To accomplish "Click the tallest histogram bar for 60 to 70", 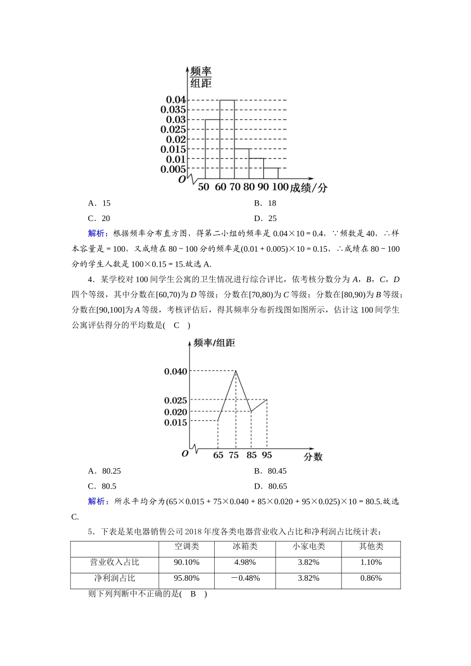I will point(227,139).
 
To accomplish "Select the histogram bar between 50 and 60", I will point(212,149).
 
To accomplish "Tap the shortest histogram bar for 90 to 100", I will point(271,173).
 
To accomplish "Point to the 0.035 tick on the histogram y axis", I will point(173,110).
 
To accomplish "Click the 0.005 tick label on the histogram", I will point(173,169).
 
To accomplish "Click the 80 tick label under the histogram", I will point(249,187).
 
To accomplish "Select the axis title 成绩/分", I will point(308,188).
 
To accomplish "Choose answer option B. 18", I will point(265,203).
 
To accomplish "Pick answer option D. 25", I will point(265,219).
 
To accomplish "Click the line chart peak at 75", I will point(235,371).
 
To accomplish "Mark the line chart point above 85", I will point(251,411).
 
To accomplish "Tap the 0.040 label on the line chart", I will point(176,371).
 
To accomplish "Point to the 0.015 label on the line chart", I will point(176,422).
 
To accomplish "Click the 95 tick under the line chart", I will point(267,455).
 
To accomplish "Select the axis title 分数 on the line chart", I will point(313,457).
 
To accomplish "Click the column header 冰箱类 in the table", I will point(245,547).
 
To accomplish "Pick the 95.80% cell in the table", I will point(186,578).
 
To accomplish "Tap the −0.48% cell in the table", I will point(245,578).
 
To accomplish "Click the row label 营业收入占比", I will point(115,562).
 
